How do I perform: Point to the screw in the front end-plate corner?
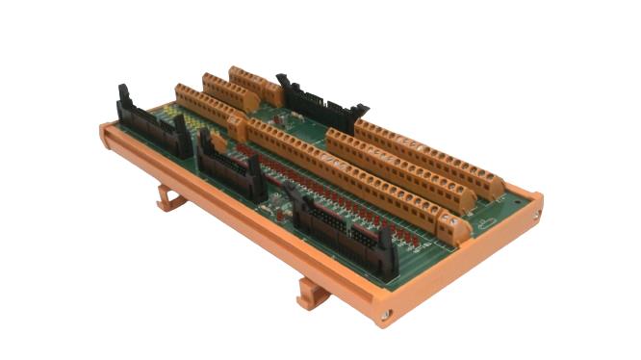387,313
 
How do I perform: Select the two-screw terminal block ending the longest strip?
453,227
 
